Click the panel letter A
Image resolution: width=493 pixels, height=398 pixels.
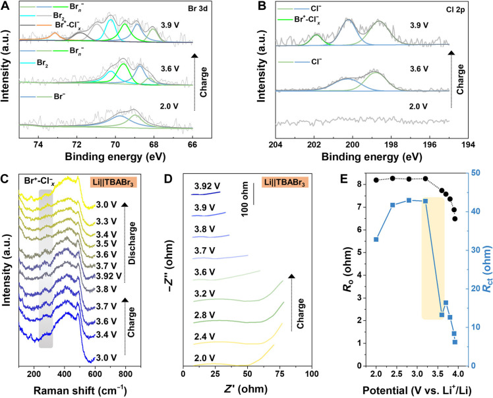[7, 6]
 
